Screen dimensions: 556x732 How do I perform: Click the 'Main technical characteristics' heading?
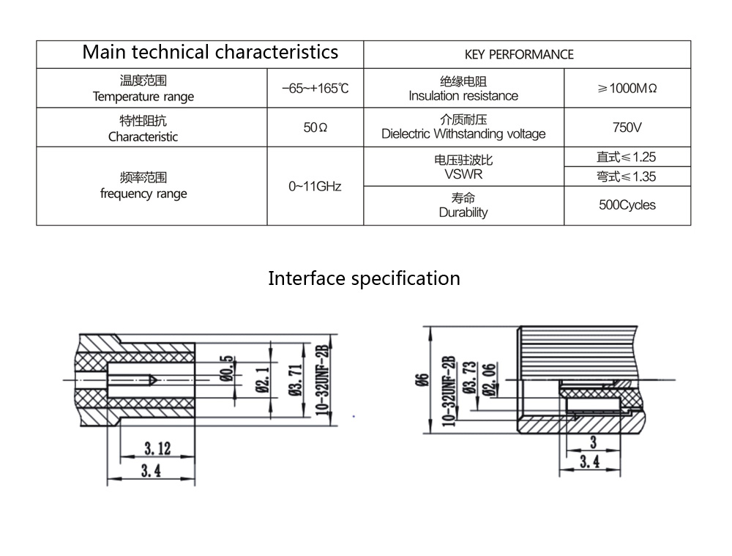pyautogui.click(x=210, y=53)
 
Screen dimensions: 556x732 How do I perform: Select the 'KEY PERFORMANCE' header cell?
pyautogui.click(x=519, y=54)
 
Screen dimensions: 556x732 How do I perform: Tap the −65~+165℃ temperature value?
pyautogui.click(x=315, y=89)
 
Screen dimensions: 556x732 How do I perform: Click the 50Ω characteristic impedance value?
pyautogui.click(x=315, y=127)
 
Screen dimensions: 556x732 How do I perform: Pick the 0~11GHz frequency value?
pyautogui.click(x=315, y=186)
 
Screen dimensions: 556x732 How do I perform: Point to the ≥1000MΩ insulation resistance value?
pyautogui.click(x=627, y=89)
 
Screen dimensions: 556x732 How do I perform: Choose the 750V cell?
pyautogui.click(x=627, y=127)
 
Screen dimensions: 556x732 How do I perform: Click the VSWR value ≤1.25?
pyautogui.click(x=626, y=157)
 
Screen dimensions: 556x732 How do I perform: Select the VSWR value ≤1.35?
pyautogui.click(x=626, y=177)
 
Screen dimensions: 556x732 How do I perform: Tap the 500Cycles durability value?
pyautogui.click(x=627, y=205)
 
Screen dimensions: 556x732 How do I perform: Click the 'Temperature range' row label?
pyautogui.click(x=143, y=97)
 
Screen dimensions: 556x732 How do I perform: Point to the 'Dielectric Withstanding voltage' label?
pyautogui.click(x=463, y=134)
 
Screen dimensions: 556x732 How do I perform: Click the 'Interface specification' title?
pyautogui.click(x=364, y=279)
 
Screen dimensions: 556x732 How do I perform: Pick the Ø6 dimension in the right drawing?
pyautogui.click(x=420, y=379)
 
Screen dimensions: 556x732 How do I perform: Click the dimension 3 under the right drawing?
pyautogui.click(x=591, y=442)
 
